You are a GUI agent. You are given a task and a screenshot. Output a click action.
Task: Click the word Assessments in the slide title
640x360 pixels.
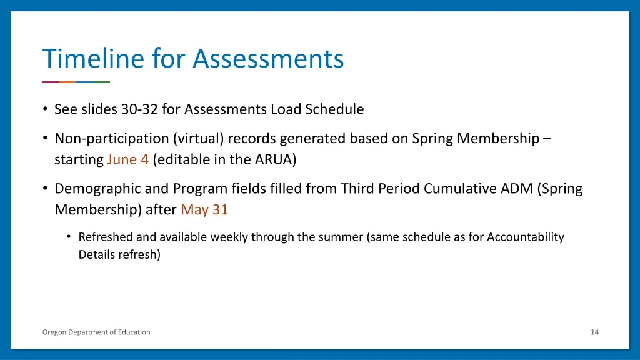(x=268, y=59)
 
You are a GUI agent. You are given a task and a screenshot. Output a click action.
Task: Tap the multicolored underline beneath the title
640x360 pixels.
(x=76, y=82)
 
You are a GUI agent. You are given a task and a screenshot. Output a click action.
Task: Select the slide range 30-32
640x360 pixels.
(x=140, y=109)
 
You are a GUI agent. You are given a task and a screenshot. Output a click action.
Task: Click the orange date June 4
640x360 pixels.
(x=127, y=159)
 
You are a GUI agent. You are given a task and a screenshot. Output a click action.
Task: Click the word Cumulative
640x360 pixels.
(x=463, y=189)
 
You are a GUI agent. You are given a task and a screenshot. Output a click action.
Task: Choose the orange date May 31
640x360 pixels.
(x=204, y=210)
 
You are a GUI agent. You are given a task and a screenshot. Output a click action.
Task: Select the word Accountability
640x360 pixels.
(x=525, y=237)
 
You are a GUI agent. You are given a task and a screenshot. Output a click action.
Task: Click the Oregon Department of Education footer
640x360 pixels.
(x=96, y=332)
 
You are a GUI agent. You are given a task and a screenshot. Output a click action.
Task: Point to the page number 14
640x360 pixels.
(x=594, y=332)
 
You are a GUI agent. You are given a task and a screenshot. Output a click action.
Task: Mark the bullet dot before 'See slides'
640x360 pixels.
(x=46, y=109)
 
